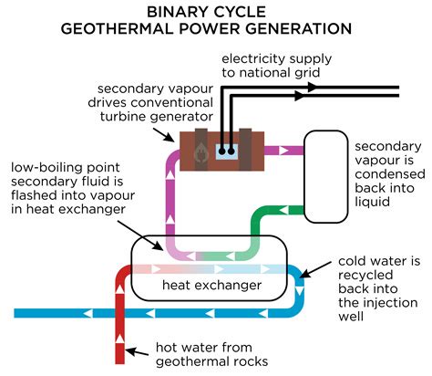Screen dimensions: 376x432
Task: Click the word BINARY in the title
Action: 180,11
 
